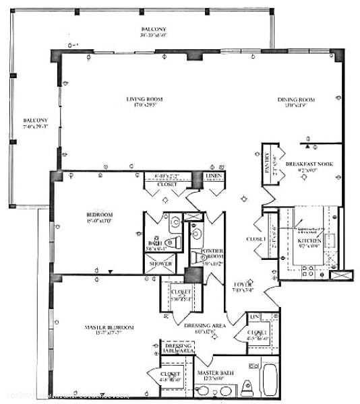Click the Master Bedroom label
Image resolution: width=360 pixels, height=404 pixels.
pos(109,327)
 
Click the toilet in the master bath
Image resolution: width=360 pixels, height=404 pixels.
pos(247,386)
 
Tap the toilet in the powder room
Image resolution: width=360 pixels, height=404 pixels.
pos(197,234)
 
